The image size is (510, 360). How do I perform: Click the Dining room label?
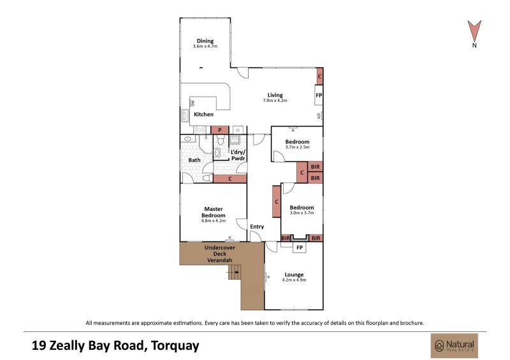205,41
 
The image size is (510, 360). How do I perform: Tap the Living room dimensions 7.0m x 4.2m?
275,101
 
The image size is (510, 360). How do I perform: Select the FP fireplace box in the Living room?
319,95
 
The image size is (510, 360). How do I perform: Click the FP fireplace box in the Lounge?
300,247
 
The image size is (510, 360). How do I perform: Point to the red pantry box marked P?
220,130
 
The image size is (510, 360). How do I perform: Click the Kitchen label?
203,115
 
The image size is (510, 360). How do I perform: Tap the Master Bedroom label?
214,212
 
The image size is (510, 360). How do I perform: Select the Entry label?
257,227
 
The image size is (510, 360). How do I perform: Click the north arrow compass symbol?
474,31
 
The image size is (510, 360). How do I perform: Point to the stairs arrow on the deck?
237,272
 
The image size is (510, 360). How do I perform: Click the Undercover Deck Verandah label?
220,254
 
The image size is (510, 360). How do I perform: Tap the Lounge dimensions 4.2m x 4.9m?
294,280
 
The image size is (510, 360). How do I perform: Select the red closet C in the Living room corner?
319,76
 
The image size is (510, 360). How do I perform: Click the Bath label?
194,160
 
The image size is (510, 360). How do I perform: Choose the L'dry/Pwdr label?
238,155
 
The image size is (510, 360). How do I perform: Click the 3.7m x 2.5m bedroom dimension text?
297,147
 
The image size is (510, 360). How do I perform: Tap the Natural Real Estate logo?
455,345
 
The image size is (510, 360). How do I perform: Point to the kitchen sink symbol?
186,115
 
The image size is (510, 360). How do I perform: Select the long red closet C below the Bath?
230,179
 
